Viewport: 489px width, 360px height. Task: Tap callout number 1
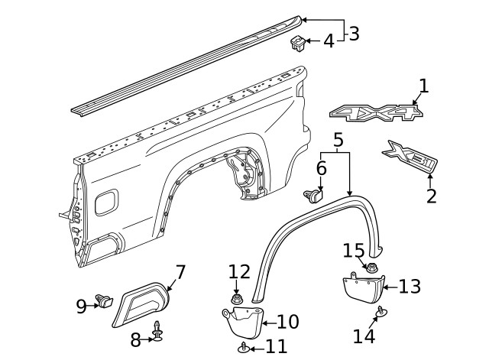click(x=423, y=86)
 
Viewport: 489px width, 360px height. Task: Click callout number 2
click(x=432, y=196)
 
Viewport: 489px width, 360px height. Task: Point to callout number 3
click(x=353, y=34)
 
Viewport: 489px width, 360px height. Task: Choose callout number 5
click(x=338, y=140)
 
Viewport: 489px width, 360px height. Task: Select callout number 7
click(x=180, y=272)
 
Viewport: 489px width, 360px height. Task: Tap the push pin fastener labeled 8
click(x=157, y=331)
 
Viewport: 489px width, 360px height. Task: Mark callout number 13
click(x=410, y=287)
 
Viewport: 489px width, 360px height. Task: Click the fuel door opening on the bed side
click(x=108, y=200)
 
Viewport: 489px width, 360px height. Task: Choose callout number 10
click(x=287, y=322)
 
